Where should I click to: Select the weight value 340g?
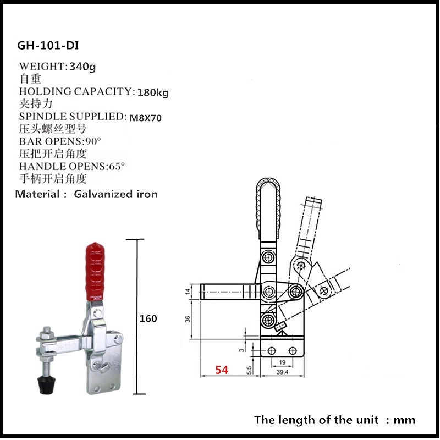pos(83,67)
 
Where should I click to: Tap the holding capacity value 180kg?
pos(152,92)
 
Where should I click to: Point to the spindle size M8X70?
pos(146,117)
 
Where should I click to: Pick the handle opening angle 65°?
pos(116,166)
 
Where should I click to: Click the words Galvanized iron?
pos(116,194)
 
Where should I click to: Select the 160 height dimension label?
pos(148,318)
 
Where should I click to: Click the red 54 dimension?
pos(221,370)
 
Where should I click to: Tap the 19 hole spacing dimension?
pos(281,362)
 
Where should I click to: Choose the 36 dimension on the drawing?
pos(188,320)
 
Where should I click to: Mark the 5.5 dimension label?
pos(249,370)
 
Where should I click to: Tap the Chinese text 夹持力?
pos(32,103)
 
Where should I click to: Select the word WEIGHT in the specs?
pos(42,67)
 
